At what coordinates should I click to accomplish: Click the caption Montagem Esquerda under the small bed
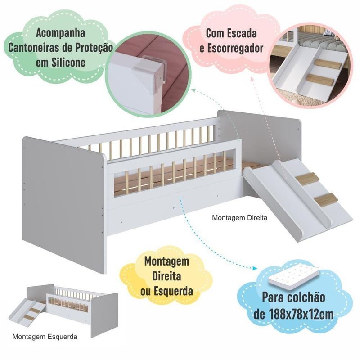pos(45,336)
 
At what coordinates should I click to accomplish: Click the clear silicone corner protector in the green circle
pos(148,74)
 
